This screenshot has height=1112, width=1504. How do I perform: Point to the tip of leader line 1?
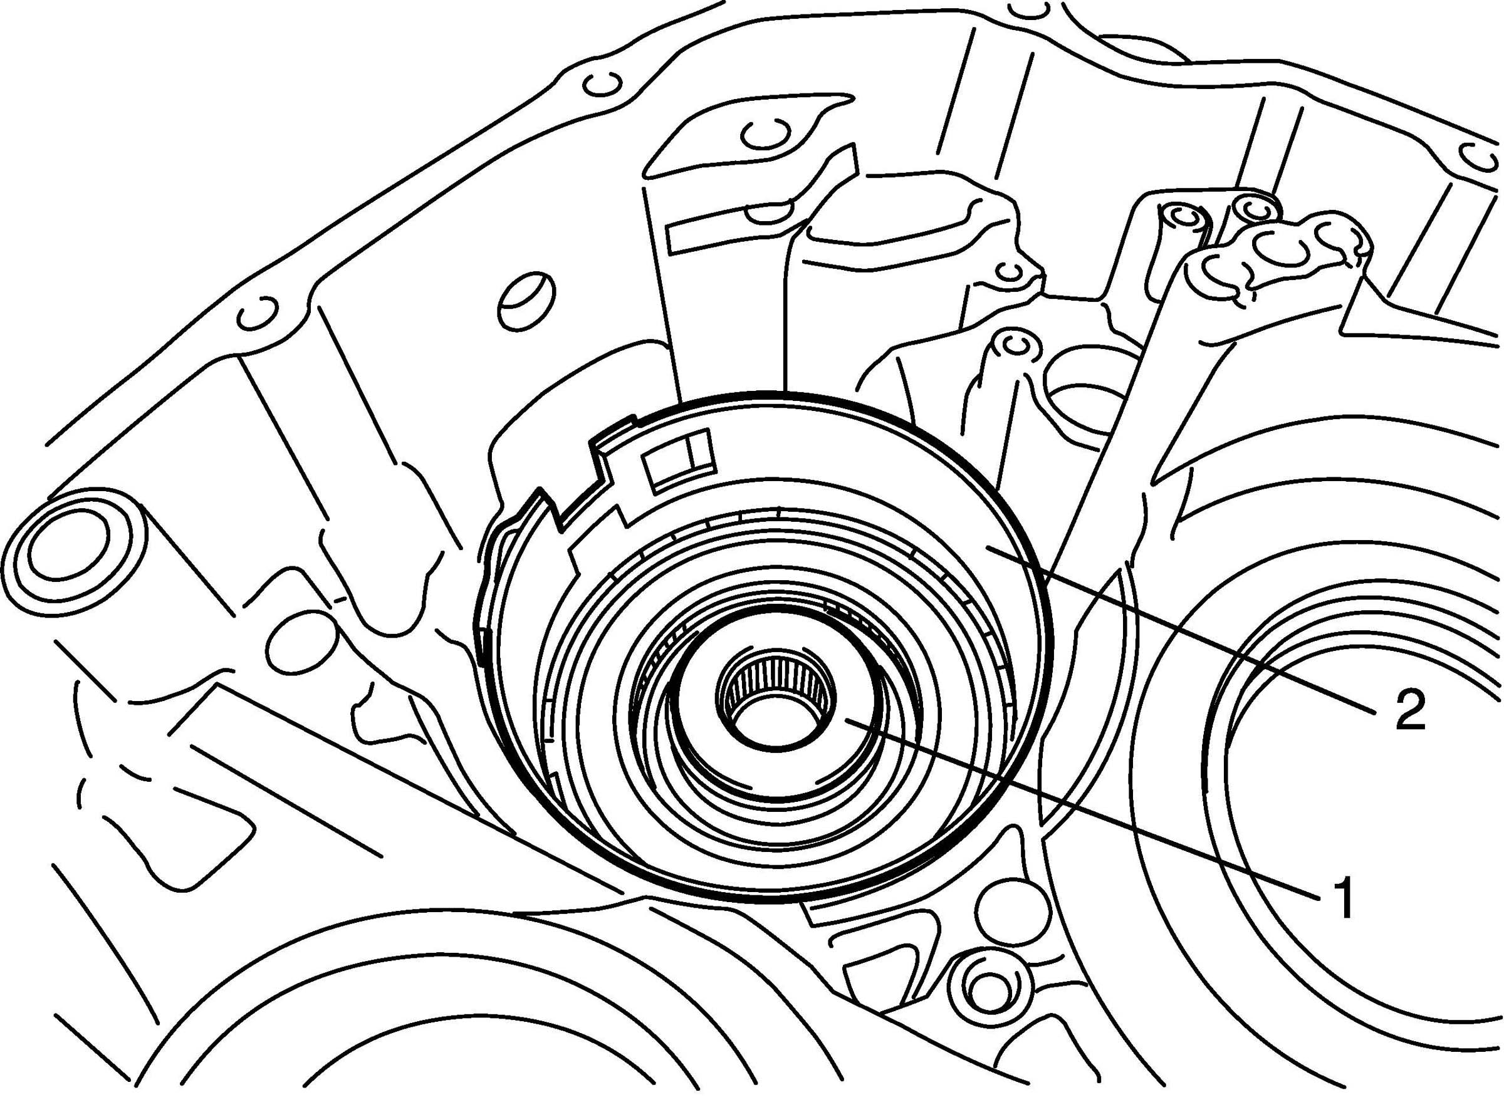point(845,719)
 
